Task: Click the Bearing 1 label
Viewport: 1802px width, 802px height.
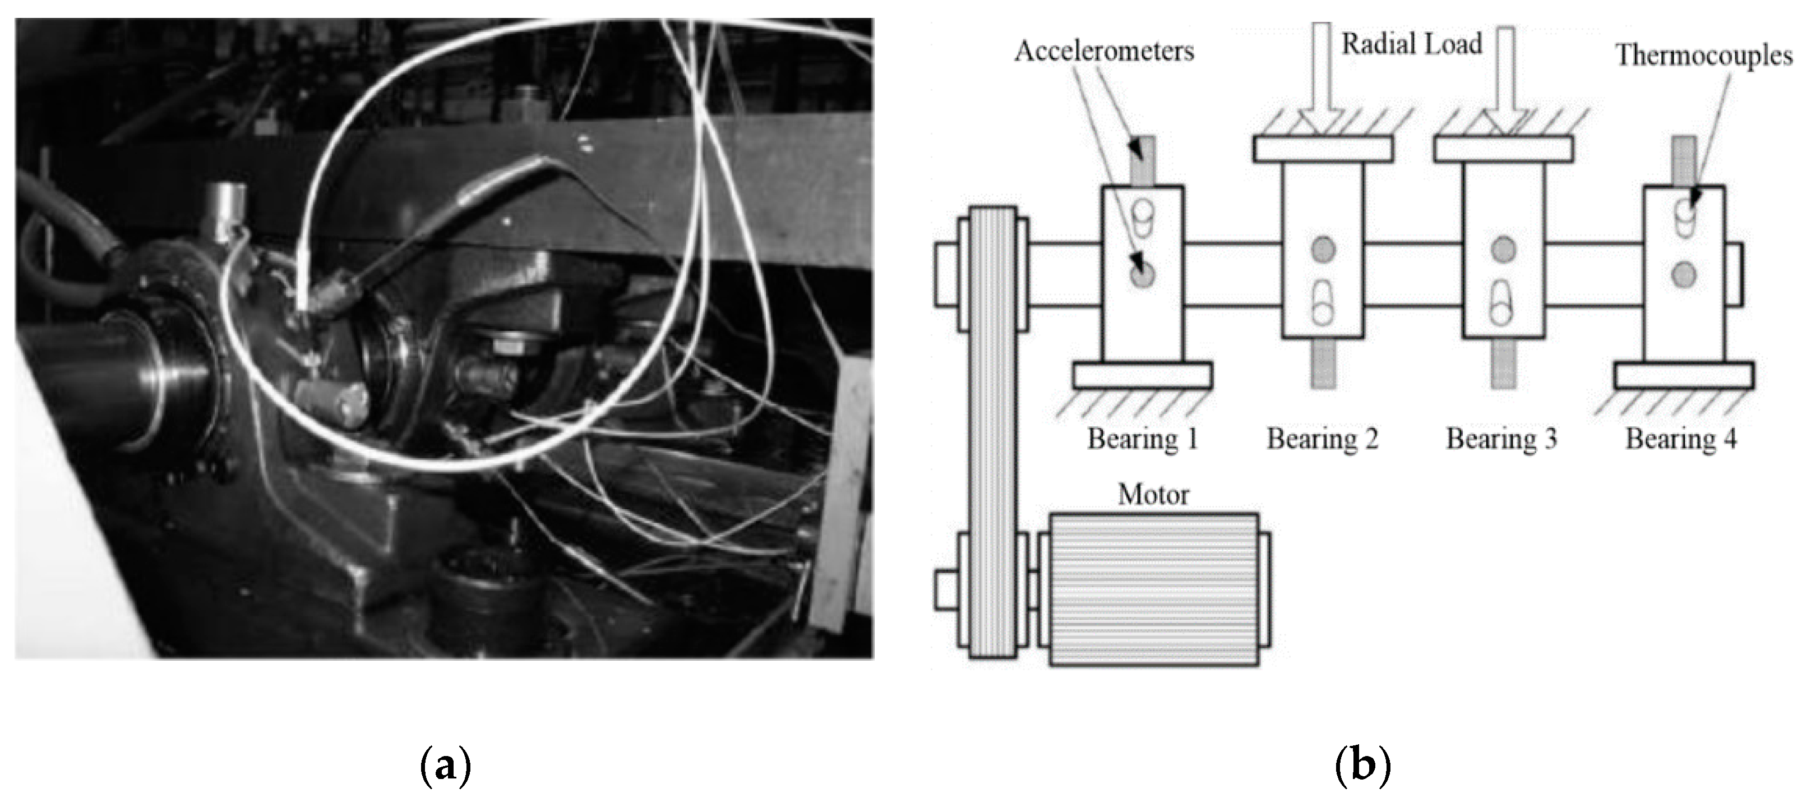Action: click(1142, 439)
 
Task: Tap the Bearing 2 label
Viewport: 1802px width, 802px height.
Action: click(1322, 439)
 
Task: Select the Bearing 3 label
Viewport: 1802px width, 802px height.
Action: click(1501, 439)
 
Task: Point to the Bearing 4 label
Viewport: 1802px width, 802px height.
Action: click(1680, 439)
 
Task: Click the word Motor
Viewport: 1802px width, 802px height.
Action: click(1153, 495)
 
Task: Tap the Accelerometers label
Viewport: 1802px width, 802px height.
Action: click(1104, 51)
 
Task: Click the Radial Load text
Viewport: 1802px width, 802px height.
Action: click(1411, 44)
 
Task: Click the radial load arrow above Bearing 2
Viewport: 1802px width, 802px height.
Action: click(1322, 77)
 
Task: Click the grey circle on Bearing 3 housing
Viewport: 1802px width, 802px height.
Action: click(1503, 250)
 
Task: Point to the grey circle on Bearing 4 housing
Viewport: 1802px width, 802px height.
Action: click(1684, 274)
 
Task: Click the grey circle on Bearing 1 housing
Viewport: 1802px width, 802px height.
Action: click(1142, 275)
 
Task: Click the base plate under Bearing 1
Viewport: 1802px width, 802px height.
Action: click(1142, 375)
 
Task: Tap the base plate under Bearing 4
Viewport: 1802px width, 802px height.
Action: click(1684, 375)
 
